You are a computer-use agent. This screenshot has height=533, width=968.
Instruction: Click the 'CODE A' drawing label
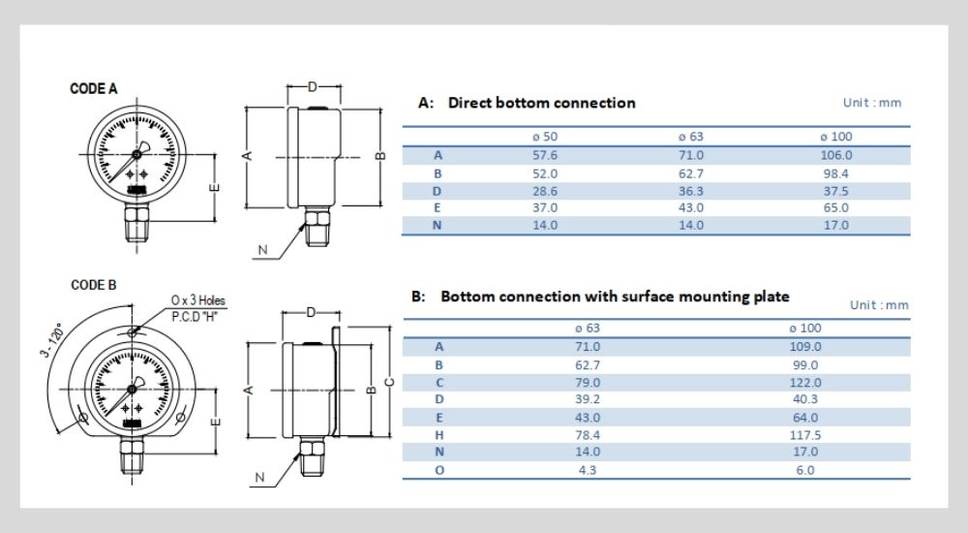point(94,88)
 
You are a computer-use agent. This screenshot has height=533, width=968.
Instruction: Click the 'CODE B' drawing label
point(94,285)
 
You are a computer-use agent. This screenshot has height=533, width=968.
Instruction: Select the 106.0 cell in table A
point(835,155)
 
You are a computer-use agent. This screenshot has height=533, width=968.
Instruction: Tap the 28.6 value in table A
point(545,190)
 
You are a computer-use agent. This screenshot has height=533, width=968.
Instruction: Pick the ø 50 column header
point(545,137)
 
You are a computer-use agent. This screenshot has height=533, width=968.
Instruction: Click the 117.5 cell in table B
point(805,435)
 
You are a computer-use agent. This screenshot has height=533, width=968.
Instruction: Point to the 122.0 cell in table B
point(805,382)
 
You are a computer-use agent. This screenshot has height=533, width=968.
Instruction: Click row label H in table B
point(439,435)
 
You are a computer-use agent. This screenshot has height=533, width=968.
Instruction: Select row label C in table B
point(439,382)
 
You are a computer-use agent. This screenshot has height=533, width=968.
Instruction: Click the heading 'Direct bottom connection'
point(541,103)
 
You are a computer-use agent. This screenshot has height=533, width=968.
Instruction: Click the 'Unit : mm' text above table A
point(872,104)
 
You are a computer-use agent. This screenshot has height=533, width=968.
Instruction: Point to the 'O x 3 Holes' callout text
point(197,300)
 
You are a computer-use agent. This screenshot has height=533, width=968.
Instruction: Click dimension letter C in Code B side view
point(390,381)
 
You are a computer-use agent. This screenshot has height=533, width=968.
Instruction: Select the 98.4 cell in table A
point(835,172)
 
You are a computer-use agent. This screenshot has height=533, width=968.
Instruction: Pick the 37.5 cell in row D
point(835,190)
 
